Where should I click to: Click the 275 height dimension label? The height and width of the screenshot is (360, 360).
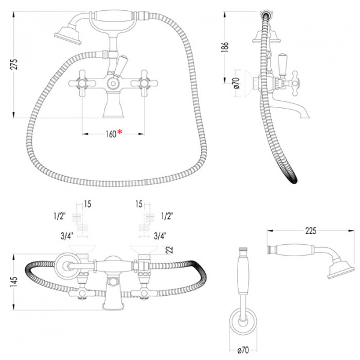tap(14, 64)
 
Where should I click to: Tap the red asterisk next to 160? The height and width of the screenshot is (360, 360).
tap(119, 132)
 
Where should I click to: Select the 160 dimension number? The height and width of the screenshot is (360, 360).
tap(111, 134)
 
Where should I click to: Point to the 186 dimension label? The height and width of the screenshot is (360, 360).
tap(225, 47)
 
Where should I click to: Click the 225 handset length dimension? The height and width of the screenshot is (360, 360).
tap(310, 231)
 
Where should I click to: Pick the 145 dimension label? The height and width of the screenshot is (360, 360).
tap(14, 282)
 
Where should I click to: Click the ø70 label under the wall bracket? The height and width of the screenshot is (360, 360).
tap(242, 350)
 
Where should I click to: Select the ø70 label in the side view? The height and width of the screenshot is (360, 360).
tap(236, 83)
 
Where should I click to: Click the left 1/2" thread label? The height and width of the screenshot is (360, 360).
tap(59, 216)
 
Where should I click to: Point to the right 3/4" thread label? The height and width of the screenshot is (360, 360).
tap(160, 236)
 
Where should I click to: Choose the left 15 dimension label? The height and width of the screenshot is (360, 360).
tap(88, 204)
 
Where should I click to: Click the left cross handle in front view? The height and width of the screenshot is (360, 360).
tap(82, 83)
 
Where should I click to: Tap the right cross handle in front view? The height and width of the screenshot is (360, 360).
tap(144, 83)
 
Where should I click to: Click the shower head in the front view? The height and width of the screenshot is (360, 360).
tap(68, 36)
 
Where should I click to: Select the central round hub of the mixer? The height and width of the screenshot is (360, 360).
tap(113, 83)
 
